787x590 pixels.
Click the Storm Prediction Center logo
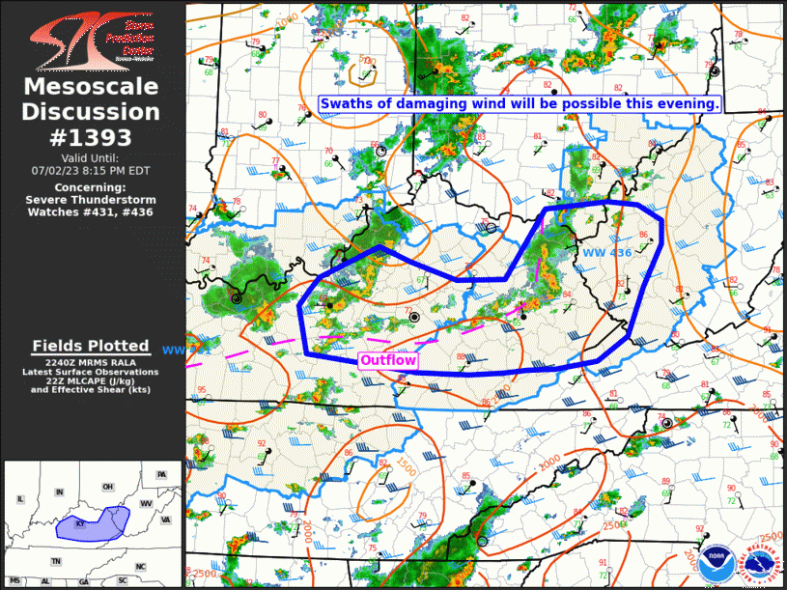tap(92, 39)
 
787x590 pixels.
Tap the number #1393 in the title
tap(92, 137)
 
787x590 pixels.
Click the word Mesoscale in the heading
tap(92, 88)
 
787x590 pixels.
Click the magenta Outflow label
tap(388, 361)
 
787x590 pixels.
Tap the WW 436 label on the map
tap(606, 253)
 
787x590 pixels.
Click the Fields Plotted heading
tap(91, 346)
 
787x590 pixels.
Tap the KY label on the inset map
tap(81, 524)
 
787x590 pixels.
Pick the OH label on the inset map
tap(107, 486)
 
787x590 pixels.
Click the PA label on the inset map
tap(161, 474)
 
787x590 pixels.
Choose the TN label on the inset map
tap(57, 561)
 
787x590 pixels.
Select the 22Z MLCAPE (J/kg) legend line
tap(91, 380)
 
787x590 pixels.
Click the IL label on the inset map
tap(18, 499)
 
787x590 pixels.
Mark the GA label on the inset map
tap(83, 581)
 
